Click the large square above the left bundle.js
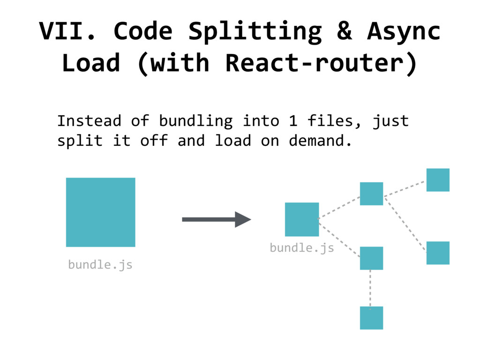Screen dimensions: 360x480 (100, 212)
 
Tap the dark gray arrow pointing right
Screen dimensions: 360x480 (216, 219)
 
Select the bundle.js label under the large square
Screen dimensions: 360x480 (100, 265)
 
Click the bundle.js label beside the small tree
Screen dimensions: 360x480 (301, 247)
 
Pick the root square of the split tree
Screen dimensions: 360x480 (302, 219)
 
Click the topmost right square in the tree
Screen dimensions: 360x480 (438, 180)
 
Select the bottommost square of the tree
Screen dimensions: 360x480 (371, 318)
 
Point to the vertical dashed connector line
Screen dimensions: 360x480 (370, 288)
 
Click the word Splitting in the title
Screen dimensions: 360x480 (255, 32)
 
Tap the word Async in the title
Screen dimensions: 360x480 (404, 32)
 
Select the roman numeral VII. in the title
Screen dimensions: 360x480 (71, 32)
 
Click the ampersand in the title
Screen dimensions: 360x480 (344, 32)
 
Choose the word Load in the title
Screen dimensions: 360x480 (91, 63)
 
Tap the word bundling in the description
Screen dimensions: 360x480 (195, 121)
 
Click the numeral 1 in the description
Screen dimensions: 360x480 (293, 121)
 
